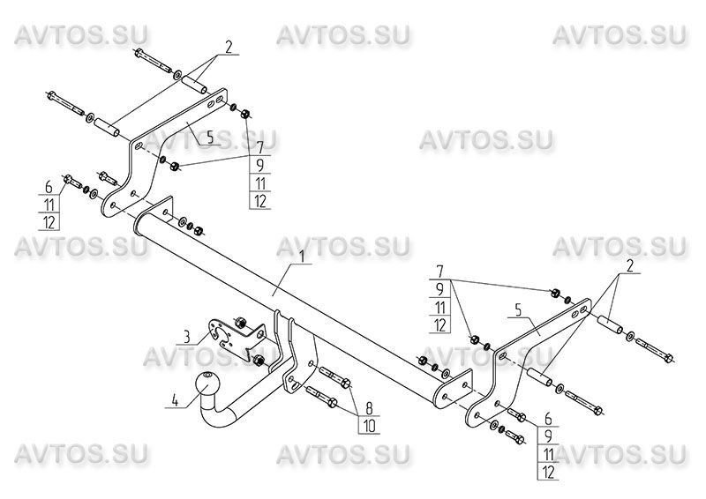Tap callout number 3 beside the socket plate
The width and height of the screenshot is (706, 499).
click(186, 336)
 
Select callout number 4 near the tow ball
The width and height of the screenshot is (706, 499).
click(175, 400)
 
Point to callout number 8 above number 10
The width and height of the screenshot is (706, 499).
click(369, 408)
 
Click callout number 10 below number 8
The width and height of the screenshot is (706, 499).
click(369, 426)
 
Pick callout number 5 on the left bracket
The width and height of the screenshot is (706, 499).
click(210, 138)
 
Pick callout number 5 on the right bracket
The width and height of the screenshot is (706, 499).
click(518, 310)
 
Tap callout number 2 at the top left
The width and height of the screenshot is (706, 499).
click(229, 47)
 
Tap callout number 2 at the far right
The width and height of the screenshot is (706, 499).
click(630, 267)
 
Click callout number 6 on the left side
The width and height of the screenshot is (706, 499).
click(49, 186)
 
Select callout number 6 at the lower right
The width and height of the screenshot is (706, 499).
click(548, 419)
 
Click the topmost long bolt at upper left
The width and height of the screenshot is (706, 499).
click(152, 60)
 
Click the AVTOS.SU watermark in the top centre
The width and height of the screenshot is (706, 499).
click(342, 35)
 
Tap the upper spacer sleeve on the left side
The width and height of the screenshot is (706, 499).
click(194, 83)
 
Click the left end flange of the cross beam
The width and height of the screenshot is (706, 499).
click(156, 211)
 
